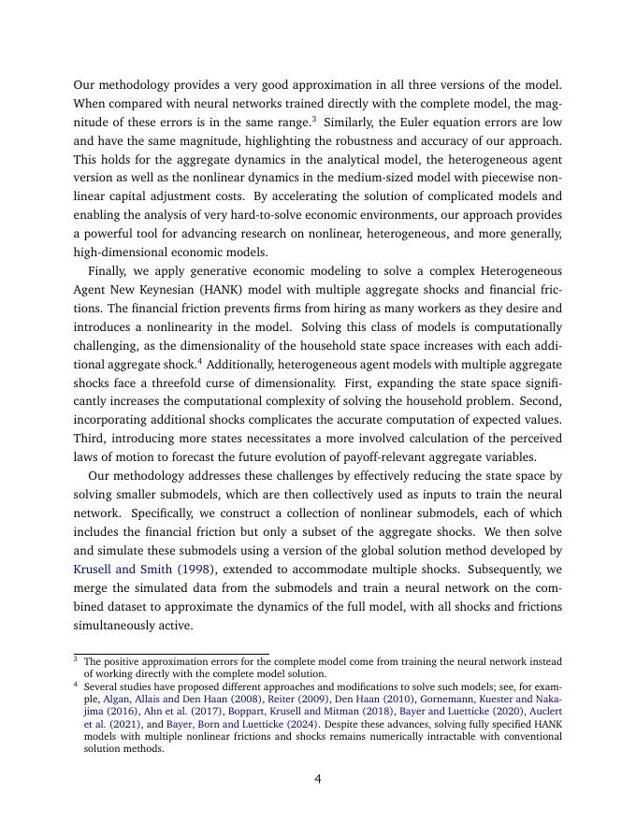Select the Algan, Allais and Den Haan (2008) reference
pyautogui.click(x=182, y=699)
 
